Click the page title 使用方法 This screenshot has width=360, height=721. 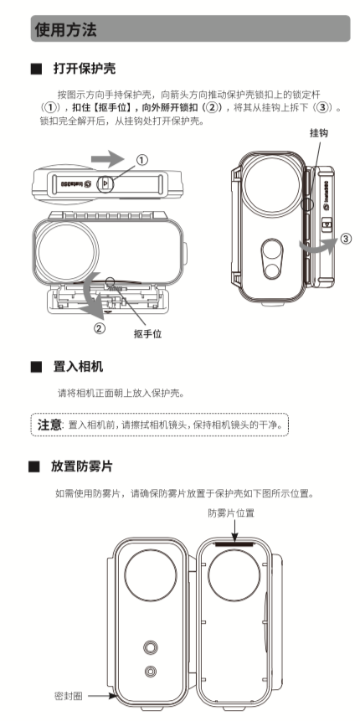pos(65,31)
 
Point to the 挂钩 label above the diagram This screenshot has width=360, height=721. pos(319,133)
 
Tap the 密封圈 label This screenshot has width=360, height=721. pos(68,696)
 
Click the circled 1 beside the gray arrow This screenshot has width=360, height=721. pos(141,160)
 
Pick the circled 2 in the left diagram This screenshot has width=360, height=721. pos(100,327)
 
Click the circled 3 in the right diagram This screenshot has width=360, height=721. pos(345,241)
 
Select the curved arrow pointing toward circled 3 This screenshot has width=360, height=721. pos(319,245)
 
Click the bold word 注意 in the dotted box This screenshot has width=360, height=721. pos(49,425)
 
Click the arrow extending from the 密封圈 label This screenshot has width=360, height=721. pos(99,696)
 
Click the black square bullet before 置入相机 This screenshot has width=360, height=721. pos(35,368)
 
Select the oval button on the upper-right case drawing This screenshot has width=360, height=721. pos(270,257)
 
